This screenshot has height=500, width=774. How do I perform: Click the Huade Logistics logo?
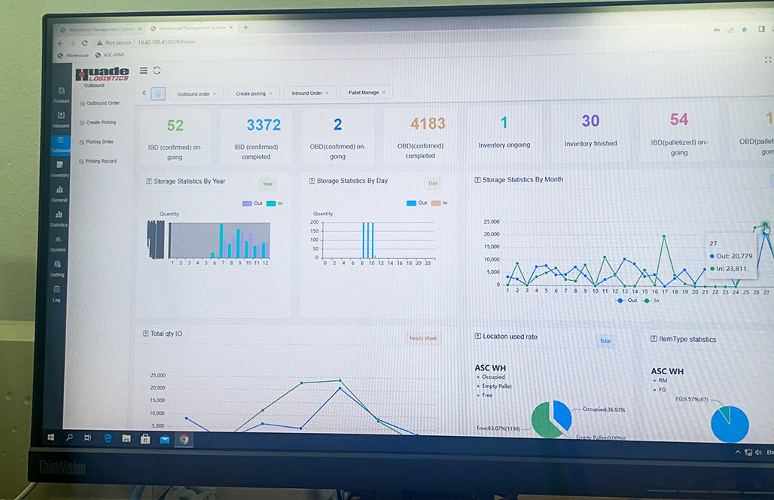tap(102, 74)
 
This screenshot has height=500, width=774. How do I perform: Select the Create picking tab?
tap(251, 93)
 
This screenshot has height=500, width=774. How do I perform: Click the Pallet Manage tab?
tap(364, 93)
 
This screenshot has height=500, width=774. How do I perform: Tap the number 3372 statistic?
tap(263, 124)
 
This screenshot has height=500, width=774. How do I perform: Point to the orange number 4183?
tap(428, 123)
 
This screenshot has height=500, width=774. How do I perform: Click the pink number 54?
tap(678, 119)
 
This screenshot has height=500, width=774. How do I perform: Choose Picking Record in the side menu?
tap(100, 161)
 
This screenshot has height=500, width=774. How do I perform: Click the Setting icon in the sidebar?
tap(57, 268)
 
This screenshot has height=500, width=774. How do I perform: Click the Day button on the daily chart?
tap(433, 183)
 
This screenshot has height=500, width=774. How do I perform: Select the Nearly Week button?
tap(422, 338)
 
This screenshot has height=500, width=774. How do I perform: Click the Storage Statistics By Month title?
tap(523, 180)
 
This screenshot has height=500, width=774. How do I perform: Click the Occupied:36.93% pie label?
tap(603, 410)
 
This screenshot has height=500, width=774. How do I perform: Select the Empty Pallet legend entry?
tap(496, 386)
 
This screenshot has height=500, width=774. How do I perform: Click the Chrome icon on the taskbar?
tap(184, 439)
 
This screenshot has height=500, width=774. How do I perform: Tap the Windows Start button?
tap(50, 438)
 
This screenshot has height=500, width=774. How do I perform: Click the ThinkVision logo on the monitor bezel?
tap(62, 468)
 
